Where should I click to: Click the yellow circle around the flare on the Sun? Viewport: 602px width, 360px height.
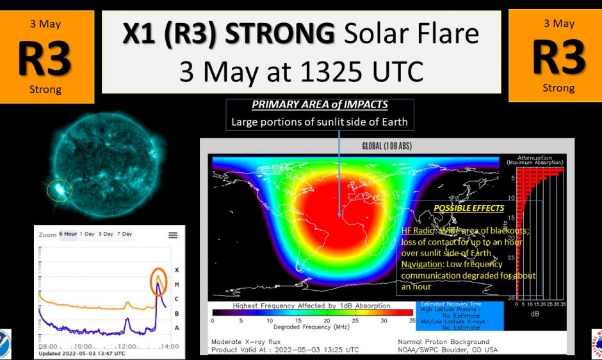click(x=60, y=190)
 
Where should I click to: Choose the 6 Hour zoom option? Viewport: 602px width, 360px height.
click(x=68, y=234)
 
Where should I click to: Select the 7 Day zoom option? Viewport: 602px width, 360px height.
click(x=124, y=234)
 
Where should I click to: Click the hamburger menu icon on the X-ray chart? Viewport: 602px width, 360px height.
click(x=173, y=235)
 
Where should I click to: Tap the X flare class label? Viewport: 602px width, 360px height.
click(x=176, y=270)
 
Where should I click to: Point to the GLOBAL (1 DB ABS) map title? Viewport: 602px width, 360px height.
click(x=387, y=147)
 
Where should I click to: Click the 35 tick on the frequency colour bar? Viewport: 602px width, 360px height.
click(x=412, y=320)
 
